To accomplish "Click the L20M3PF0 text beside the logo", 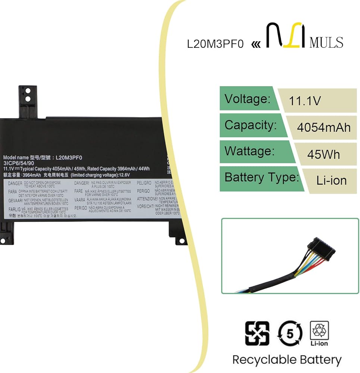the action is (x=215, y=44).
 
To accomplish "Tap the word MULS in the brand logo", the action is (x=326, y=42).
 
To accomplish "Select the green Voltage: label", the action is (x=247, y=99).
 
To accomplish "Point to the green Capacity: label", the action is (x=251, y=125).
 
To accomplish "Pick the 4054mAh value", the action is (x=323, y=128).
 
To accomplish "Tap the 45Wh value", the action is (x=323, y=154).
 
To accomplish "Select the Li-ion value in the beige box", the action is (x=331, y=181).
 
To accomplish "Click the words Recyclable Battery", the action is (x=287, y=360).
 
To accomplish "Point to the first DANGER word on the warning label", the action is (x=15, y=184).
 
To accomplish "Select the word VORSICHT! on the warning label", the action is (x=146, y=206).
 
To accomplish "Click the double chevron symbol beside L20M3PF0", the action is (x=256, y=44).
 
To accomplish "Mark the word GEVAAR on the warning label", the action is (x=15, y=200).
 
